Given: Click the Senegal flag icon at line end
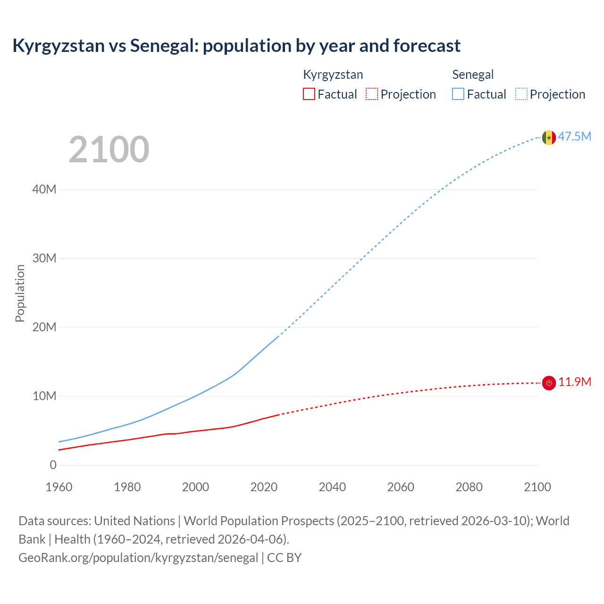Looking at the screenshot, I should tap(549, 137).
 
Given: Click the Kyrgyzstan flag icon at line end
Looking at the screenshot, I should tap(549, 383).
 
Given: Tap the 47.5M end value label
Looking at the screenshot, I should tap(575, 137).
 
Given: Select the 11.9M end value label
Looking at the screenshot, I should tap(575, 382).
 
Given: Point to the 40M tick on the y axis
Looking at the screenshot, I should tap(44, 190).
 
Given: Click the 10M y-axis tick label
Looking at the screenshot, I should tap(44, 396).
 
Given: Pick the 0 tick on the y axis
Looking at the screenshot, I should tap(53, 465).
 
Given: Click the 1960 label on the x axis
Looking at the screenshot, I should tap(59, 487).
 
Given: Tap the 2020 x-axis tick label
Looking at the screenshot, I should tap(264, 487).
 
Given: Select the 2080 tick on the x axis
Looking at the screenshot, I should tap(469, 487).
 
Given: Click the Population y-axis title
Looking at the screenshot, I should tap(20, 293).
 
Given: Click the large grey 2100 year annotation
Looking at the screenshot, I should tap(109, 150).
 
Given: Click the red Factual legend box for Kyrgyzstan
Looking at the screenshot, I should tap(309, 94).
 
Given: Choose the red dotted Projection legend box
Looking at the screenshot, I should tap(372, 94).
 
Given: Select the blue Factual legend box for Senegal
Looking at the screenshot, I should tap(458, 94).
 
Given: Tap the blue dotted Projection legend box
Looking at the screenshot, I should tap(521, 94).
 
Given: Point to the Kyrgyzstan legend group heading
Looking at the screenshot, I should tap(333, 75).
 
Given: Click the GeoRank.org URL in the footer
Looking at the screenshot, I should tap(138, 558).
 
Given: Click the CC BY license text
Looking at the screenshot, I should tap(285, 558).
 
